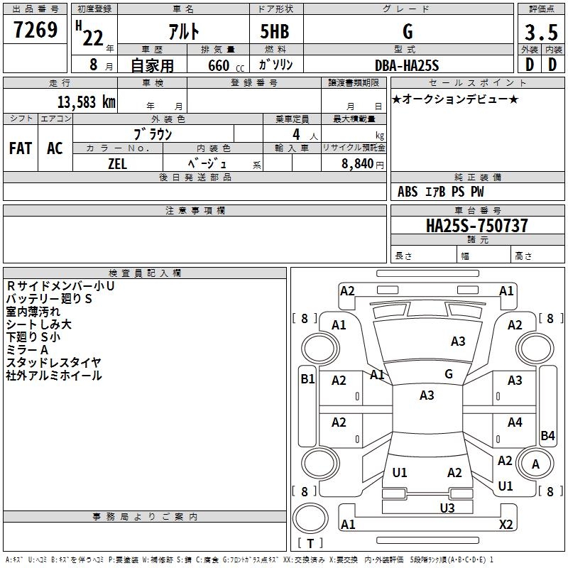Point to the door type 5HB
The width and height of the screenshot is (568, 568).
click(x=275, y=31)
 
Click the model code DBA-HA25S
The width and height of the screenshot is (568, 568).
click(x=408, y=65)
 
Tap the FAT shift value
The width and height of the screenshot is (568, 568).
click(x=21, y=148)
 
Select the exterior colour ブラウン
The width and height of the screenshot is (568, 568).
click(x=153, y=134)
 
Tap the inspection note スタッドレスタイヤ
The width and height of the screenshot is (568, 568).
click(x=54, y=362)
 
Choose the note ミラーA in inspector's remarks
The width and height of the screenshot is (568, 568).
click(x=27, y=349)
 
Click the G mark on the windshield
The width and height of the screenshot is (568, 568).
click(x=449, y=374)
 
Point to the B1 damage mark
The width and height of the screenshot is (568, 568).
click(x=307, y=379)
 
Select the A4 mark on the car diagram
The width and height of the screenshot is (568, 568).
click(x=515, y=422)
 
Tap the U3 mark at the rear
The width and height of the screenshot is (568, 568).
click(x=447, y=507)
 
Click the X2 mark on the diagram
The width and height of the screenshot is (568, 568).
click(x=506, y=524)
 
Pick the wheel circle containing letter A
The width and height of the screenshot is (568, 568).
click(x=535, y=464)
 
